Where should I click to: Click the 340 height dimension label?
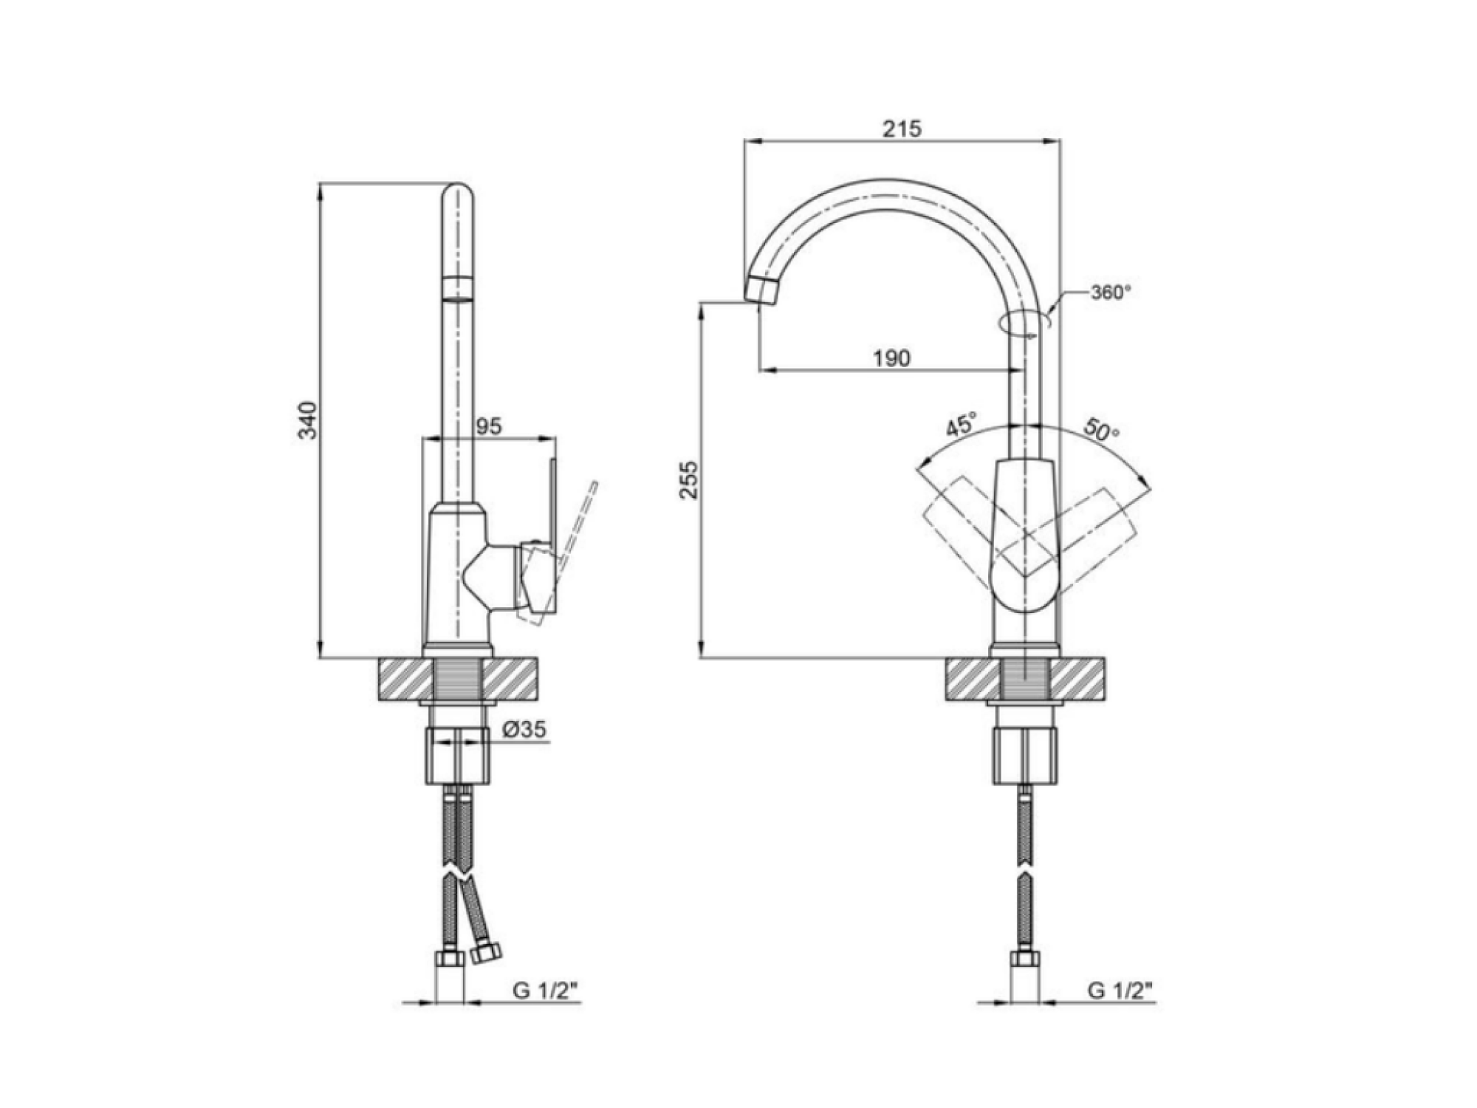pyautogui.click(x=307, y=420)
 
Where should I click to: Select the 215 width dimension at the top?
pyautogui.click(x=902, y=129)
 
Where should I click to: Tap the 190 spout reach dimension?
pyautogui.click(x=892, y=358)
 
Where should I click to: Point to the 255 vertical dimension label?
pyautogui.click(x=689, y=479)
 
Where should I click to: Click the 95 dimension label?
pyautogui.click(x=489, y=426)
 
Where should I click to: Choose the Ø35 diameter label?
pyautogui.click(x=524, y=729)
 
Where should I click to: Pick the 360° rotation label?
pyautogui.click(x=1111, y=293)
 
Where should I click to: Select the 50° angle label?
pyautogui.click(x=1101, y=429)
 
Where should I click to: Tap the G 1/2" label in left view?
pyautogui.click(x=544, y=991)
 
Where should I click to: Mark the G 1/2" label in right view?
pyautogui.click(x=1120, y=991)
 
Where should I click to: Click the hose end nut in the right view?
pyautogui.click(x=1025, y=959)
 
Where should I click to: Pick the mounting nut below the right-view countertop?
pyautogui.click(x=1026, y=755)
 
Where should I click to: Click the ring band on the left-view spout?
pyautogui.click(x=458, y=288)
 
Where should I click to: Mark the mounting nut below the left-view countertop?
pyautogui.click(x=458, y=755)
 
